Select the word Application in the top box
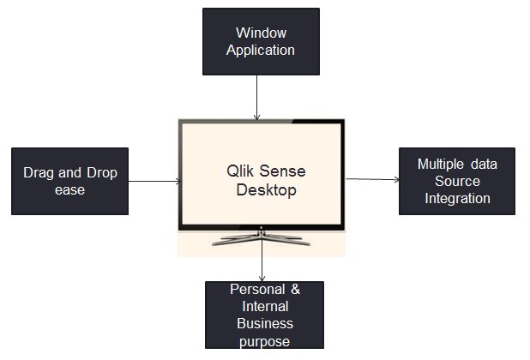[x=260, y=50]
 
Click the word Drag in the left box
[x=39, y=173]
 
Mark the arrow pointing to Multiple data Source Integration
[x=373, y=180]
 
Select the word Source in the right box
[x=457, y=182]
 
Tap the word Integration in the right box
[x=457, y=198]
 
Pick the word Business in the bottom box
[x=264, y=324]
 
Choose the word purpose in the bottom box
[x=264, y=341]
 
